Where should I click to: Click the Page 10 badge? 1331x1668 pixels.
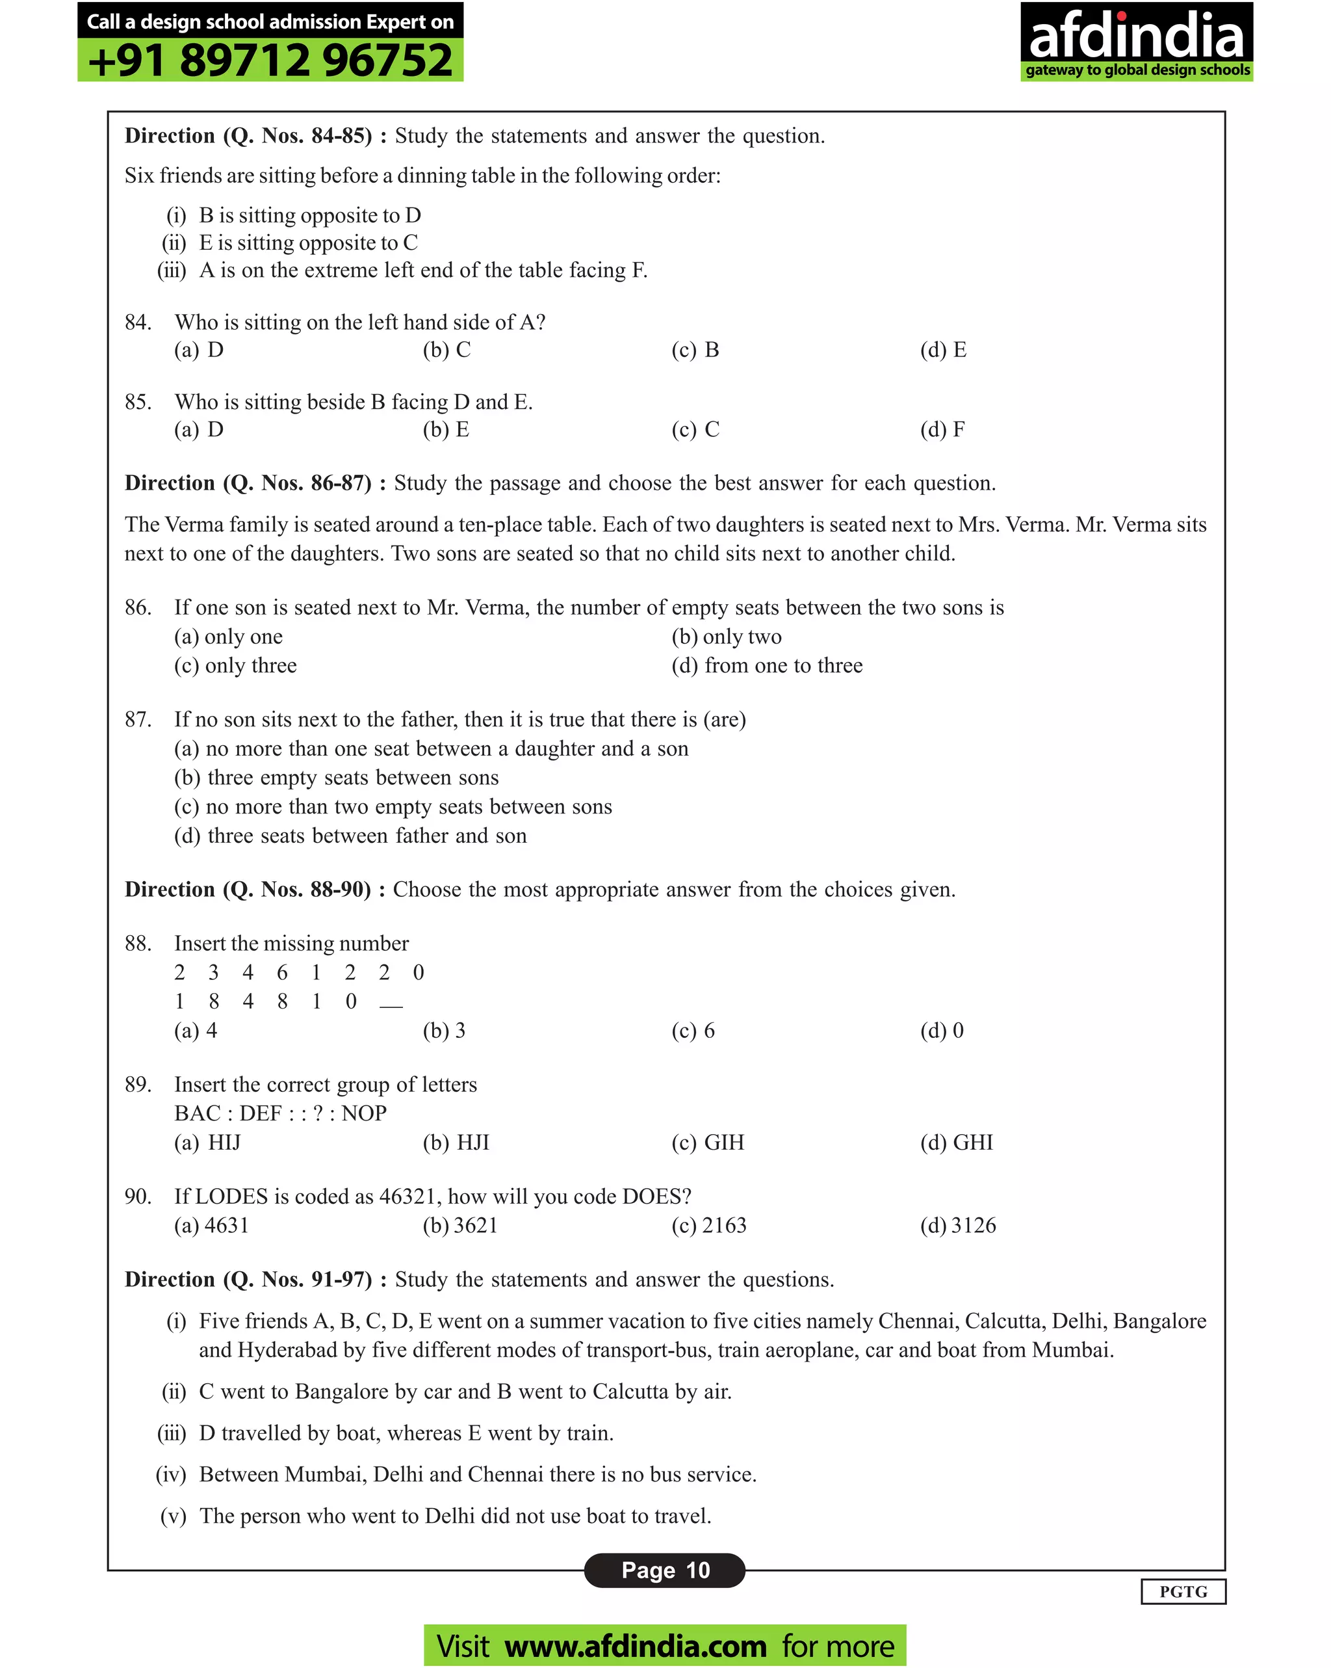(664, 1570)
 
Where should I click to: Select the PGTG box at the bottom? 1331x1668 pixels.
(1183, 1591)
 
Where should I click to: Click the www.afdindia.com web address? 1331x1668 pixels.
(635, 1645)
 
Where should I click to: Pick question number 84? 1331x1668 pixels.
(138, 323)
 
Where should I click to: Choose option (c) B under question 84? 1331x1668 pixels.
(695, 351)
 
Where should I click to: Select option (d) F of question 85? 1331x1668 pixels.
(942, 429)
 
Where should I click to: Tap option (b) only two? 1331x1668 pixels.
(725, 637)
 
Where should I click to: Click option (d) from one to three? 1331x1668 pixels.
(766, 666)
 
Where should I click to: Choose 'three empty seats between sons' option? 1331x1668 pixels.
(337, 778)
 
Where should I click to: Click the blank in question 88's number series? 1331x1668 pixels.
(391, 1003)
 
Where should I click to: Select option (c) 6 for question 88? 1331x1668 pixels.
(692, 1031)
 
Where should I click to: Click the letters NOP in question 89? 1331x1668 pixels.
(363, 1113)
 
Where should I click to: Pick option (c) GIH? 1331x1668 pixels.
(707, 1143)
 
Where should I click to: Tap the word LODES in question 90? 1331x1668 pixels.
(231, 1197)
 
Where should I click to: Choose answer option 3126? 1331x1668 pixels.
(957, 1225)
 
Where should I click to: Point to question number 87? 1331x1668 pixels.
(138, 719)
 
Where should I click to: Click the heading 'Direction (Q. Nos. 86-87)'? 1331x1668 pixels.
(248, 484)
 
